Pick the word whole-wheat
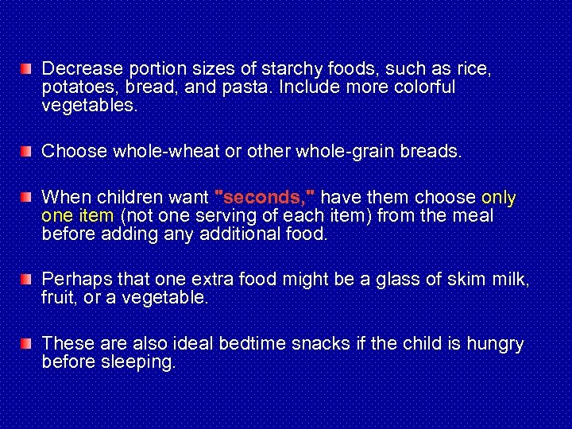[158, 150]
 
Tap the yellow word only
[499, 197]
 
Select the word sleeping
[137, 362]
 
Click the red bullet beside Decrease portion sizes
[27, 68]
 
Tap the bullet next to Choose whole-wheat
[27, 150]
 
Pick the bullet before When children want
[27, 196]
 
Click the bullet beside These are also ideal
[27, 343]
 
